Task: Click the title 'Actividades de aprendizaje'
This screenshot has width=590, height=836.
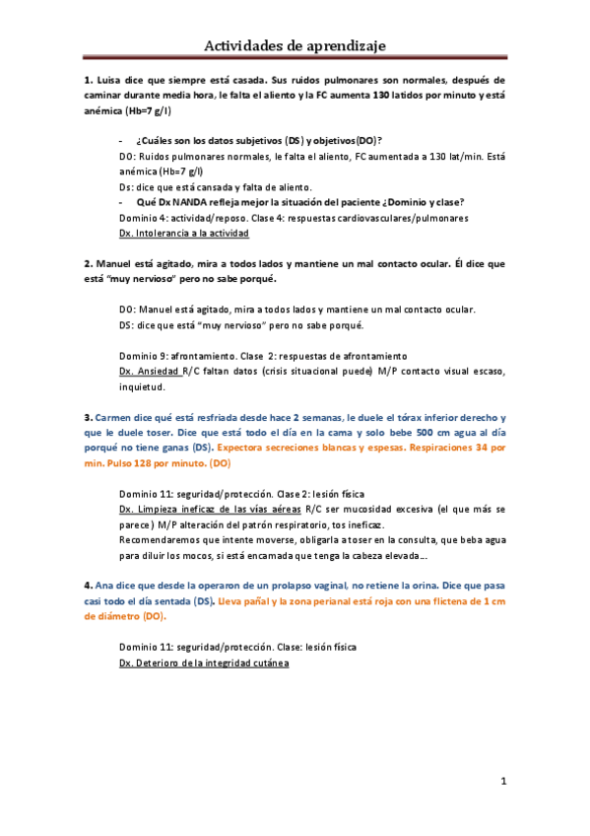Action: (x=295, y=45)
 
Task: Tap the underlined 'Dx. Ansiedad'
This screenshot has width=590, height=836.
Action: (x=149, y=371)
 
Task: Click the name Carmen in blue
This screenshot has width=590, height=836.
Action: (x=116, y=417)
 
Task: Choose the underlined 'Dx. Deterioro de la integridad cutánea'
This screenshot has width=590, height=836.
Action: (x=203, y=662)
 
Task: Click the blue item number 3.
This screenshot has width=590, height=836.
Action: (x=88, y=417)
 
